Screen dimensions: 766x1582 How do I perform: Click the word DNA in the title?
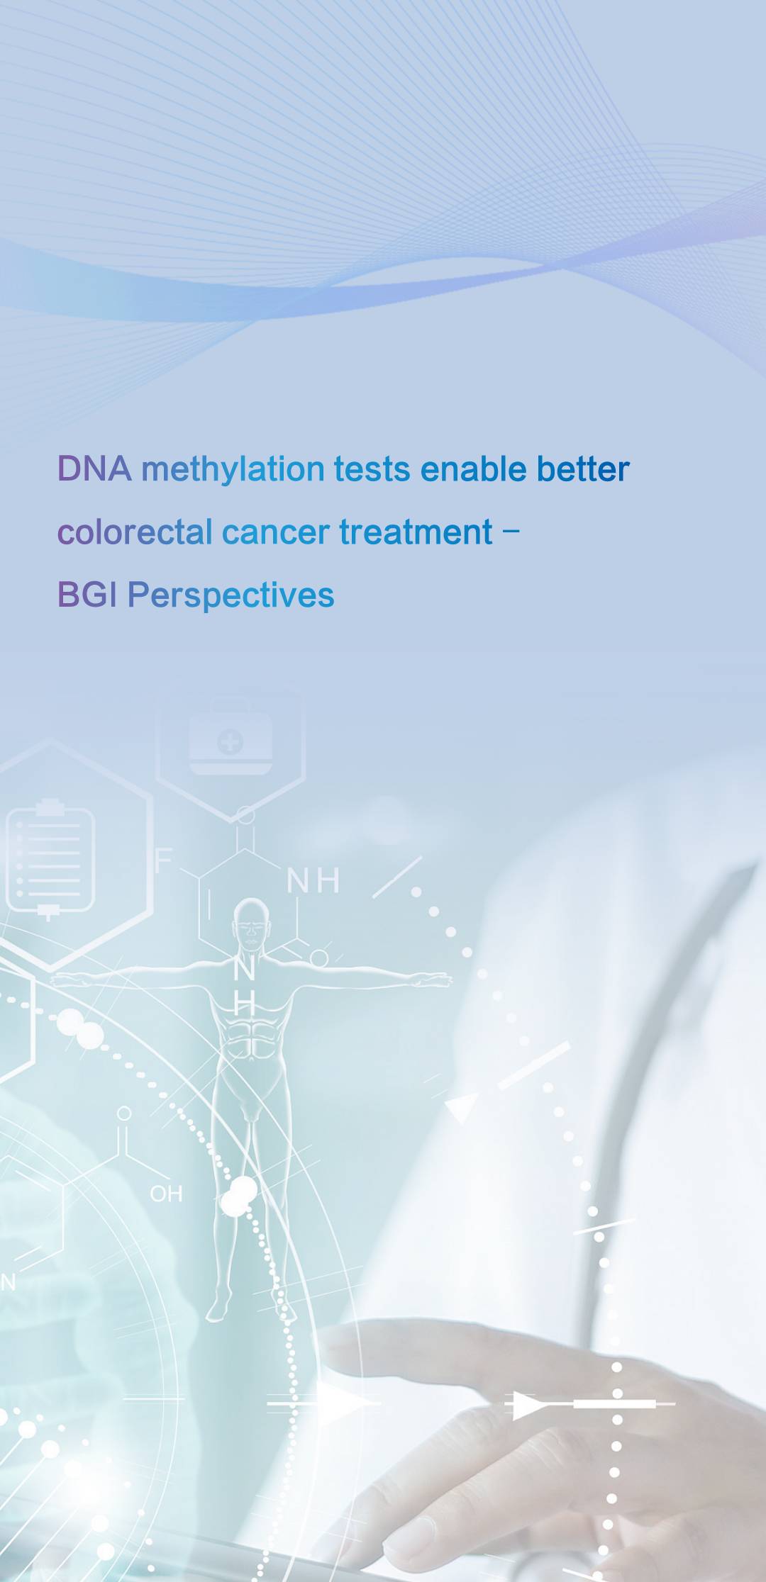pos(94,469)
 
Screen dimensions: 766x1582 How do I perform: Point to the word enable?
pos(473,469)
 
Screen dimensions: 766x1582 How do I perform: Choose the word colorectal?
pos(135,532)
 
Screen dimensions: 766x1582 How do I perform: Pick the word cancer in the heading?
pos(275,534)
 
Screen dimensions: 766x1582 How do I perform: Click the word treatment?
pos(416,532)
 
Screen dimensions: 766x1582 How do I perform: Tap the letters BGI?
pos(87,595)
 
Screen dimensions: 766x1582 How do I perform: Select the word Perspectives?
pos(231,597)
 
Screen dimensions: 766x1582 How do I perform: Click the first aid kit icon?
pos(231,743)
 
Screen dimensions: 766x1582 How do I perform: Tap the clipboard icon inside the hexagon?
pos(50,860)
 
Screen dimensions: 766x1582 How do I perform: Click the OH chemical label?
pos(166,1194)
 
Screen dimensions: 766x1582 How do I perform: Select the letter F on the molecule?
pos(163,860)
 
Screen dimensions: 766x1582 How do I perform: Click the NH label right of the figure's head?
pos(313,881)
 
